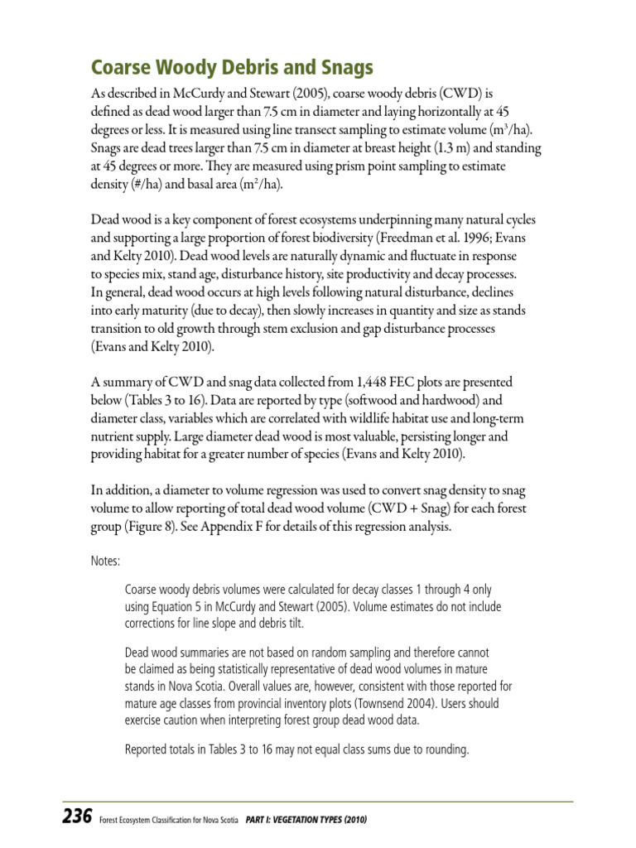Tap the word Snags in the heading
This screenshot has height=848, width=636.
pos(337,67)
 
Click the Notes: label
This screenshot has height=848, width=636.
pos(105,561)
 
